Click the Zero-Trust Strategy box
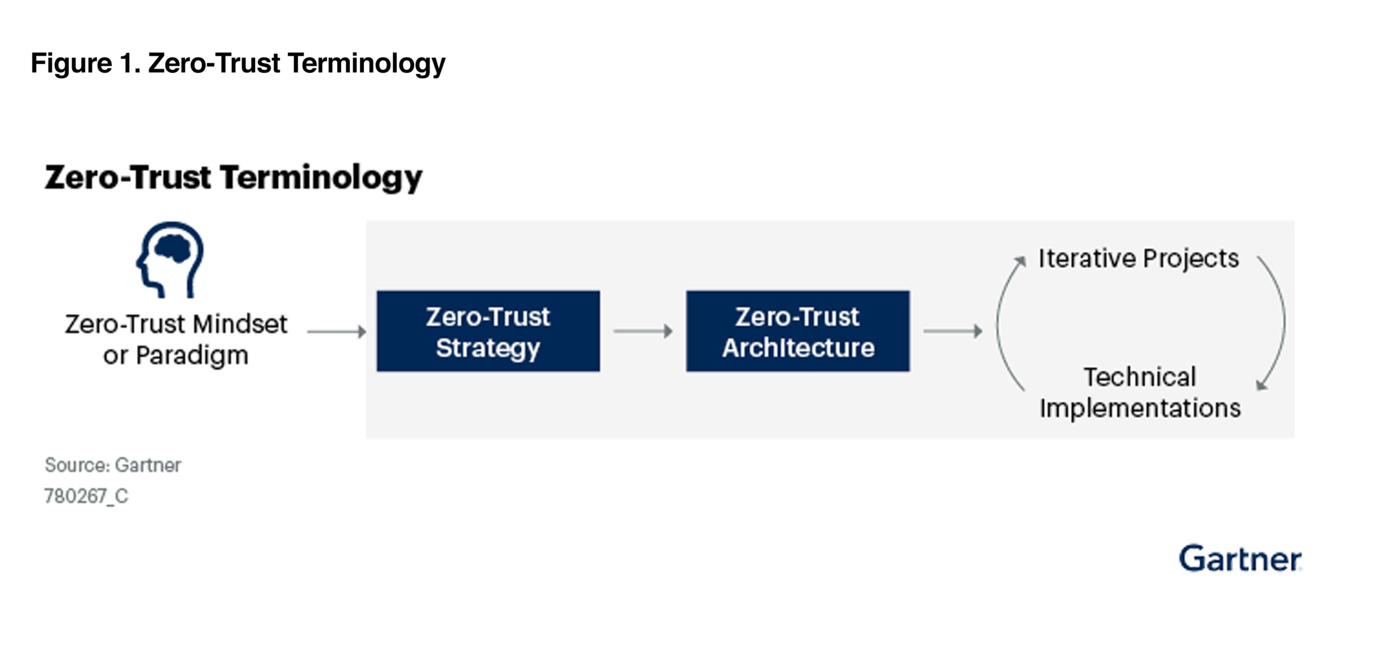(x=488, y=331)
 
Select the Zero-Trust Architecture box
(x=798, y=331)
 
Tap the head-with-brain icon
(x=170, y=260)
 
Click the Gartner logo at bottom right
(x=1240, y=558)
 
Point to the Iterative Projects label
(x=1138, y=259)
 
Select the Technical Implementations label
(x=1140, y=393)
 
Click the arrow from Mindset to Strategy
(x=337, y=332)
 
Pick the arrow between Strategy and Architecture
(x=643, y=331)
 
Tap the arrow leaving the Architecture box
(x=952, y=331)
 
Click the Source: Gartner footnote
(x=113, y=465)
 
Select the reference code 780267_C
(x=86, y=496)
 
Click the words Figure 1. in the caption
(x=86, y=63)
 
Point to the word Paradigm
(x=192, y=356)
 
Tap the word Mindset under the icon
(x=240, y=324)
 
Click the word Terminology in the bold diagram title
(x=321, y=179)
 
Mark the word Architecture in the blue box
(x=798, y=348)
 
